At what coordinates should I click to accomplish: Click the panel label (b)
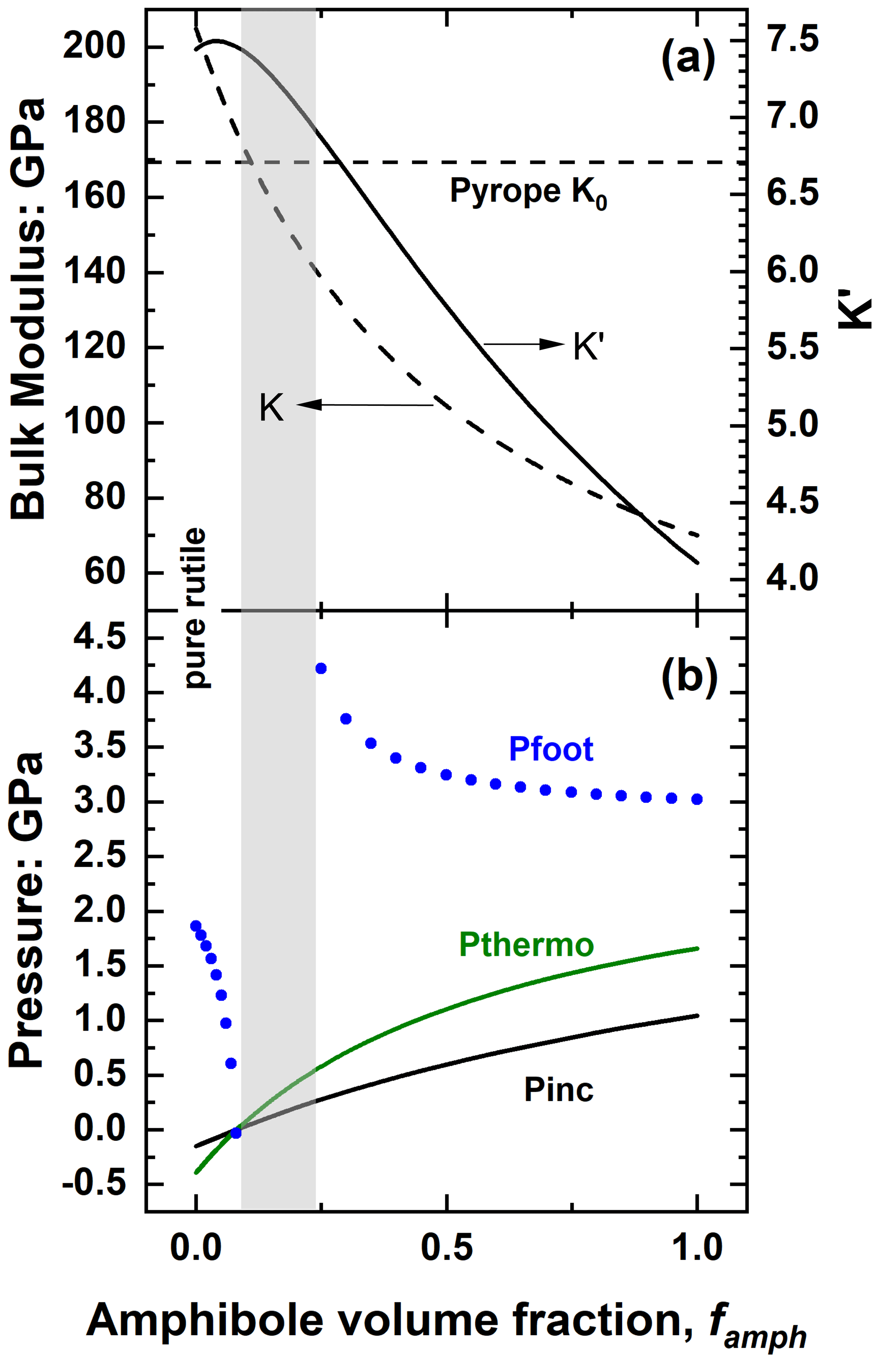(x=689, y=678)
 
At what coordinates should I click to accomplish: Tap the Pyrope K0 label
(x=528, y=192)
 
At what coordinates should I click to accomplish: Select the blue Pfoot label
(x=551, y=749)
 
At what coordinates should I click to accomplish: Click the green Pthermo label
(x=526, y=945)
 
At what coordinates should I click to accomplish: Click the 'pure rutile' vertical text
(x=196, y=607)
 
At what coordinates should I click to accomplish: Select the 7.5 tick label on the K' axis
(x=793, y=40)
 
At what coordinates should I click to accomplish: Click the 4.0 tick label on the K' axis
(x=793, y=578)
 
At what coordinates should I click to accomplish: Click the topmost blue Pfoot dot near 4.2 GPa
(x=321, y=668)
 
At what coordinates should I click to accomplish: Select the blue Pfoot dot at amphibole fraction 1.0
(x=697, y=799)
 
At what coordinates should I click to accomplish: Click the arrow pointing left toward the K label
(x=365, y=405)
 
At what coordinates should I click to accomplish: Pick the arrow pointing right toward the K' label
(x=524, y=344)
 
